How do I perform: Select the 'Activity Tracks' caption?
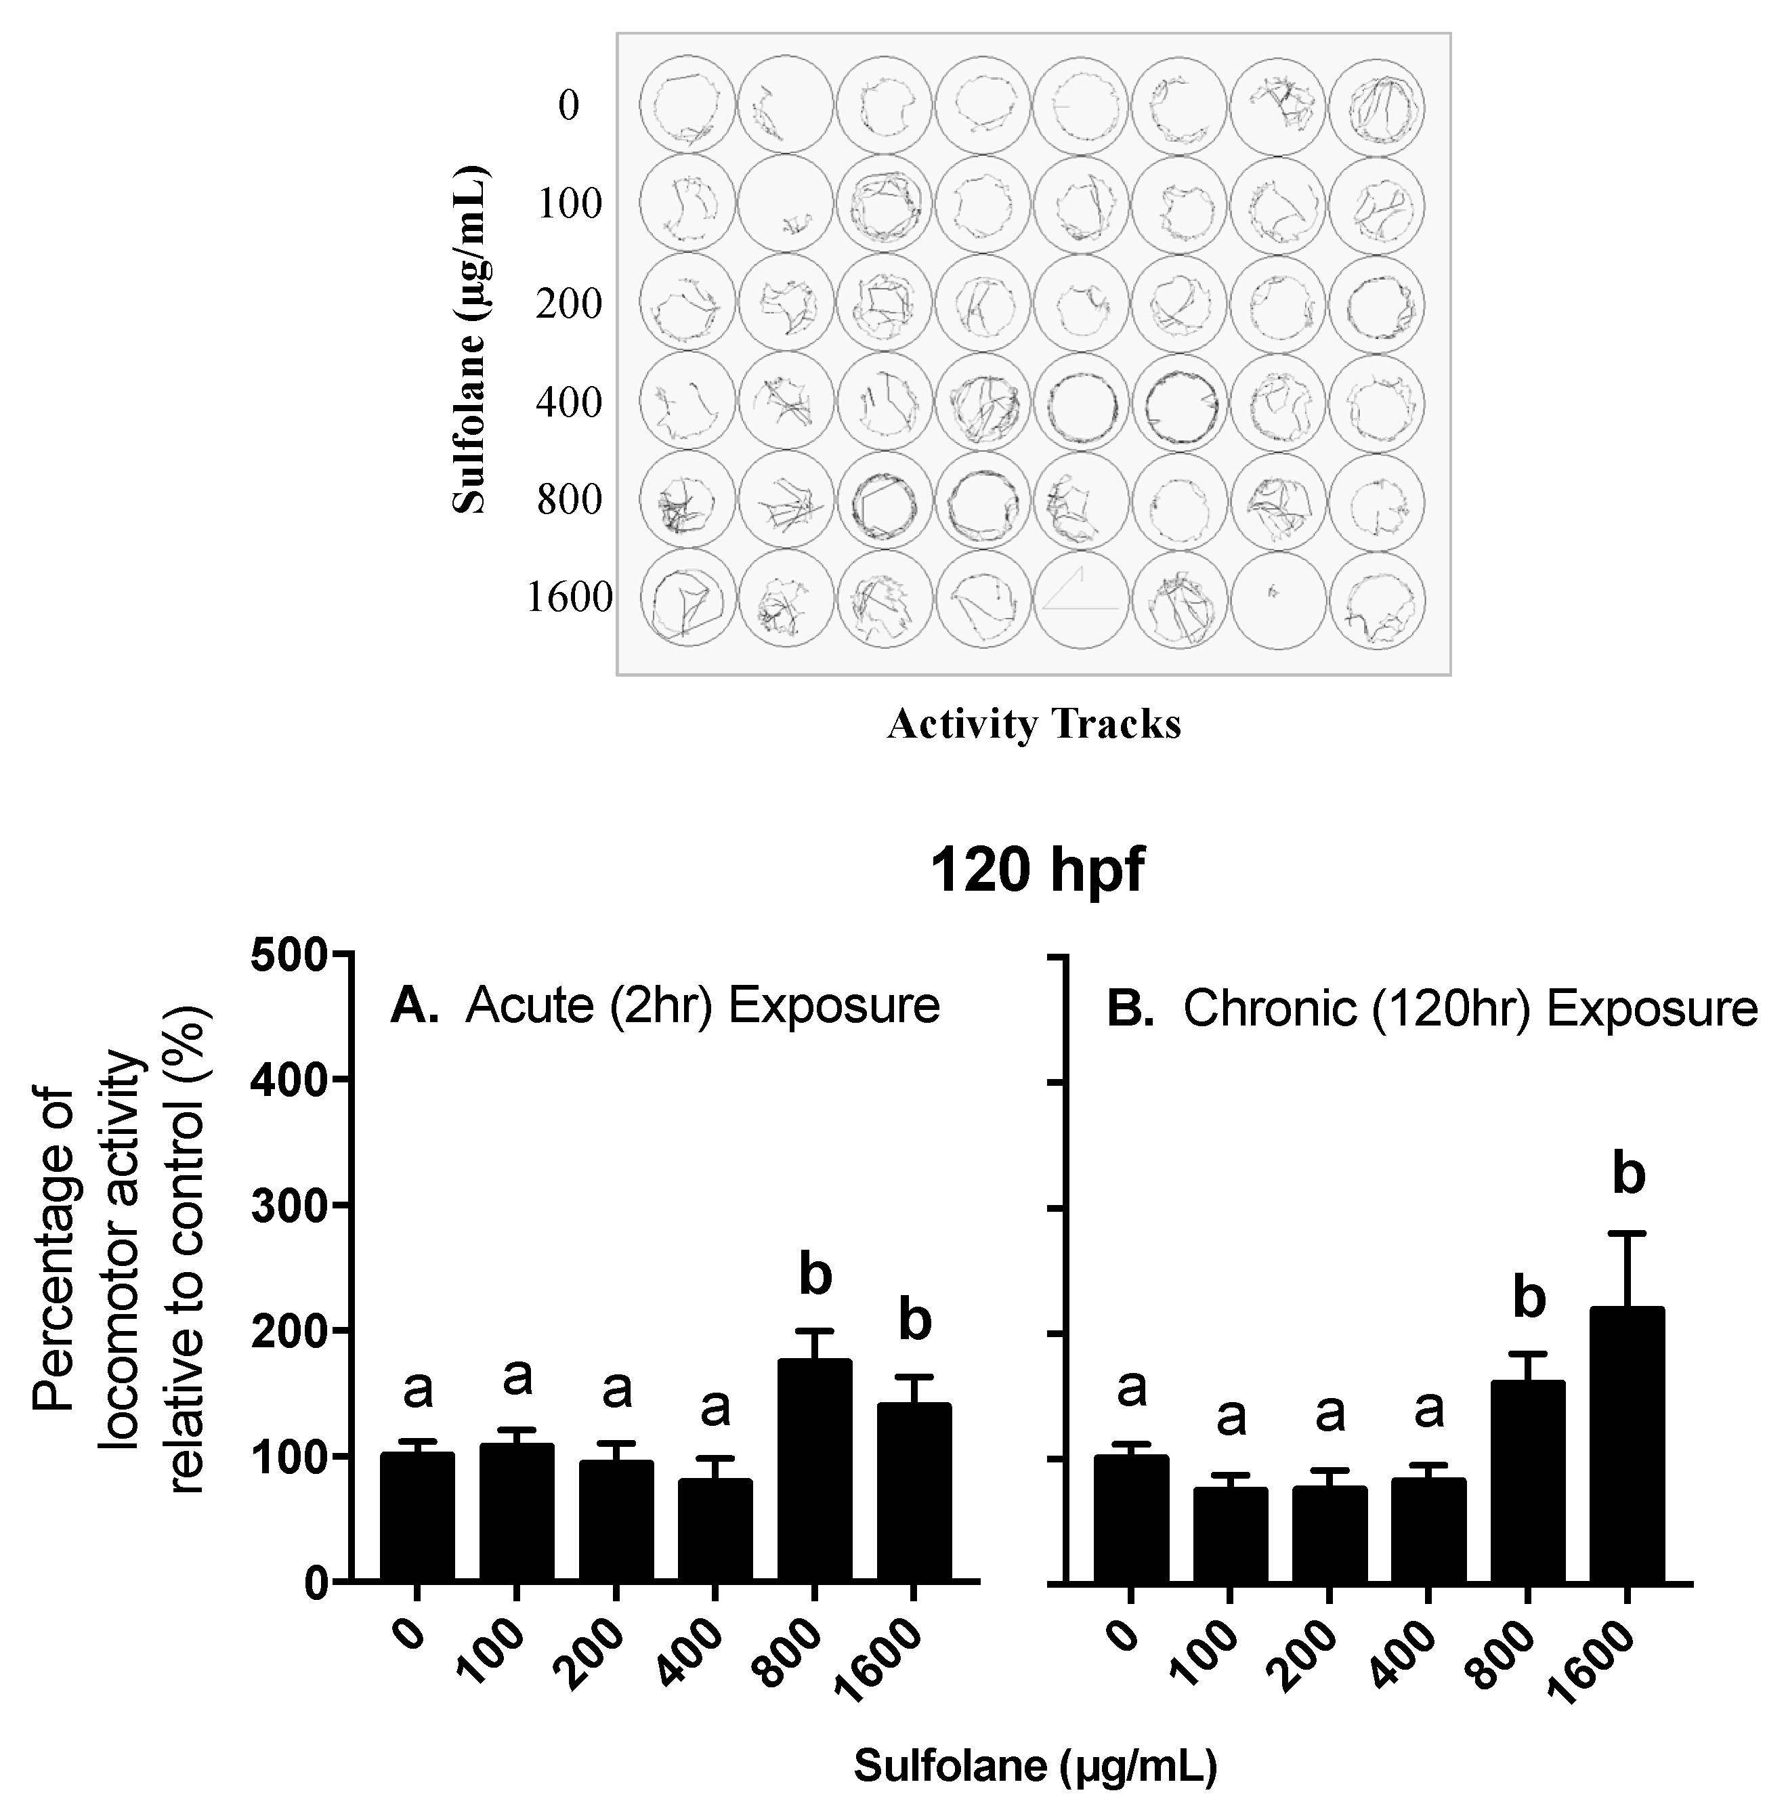tap(1034, 724)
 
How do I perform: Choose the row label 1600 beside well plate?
tap(570, 597)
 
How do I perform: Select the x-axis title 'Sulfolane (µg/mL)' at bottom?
tap(1035, 1767)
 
